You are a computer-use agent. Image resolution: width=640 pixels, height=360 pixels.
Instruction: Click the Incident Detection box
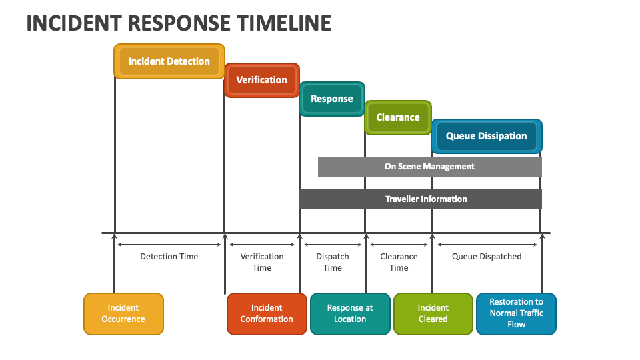pyautogui.click(x=169, y=61)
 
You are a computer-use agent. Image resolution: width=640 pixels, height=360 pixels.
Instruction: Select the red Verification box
pyautogui.click(x=262, y=80)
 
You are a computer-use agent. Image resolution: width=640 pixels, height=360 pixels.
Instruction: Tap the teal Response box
pyautogui.click(x=332, y=99)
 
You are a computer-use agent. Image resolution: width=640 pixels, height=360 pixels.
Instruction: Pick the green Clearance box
pyautogui.click(x=398, y=117)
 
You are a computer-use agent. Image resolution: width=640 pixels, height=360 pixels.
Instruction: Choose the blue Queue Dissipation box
pyautogui.click(x=487, y=136)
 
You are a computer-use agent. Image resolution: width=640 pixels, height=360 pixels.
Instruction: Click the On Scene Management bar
pyautogui.click(x=430, y=167)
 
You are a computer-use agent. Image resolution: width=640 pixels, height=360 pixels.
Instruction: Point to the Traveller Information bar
pyautogui.click(x=421, y=199)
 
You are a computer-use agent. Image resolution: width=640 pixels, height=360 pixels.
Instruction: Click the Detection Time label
pyautogui.click(x=169, y=256)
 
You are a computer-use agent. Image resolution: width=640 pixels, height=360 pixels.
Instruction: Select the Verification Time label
pyautogui.click(x=262, y=262)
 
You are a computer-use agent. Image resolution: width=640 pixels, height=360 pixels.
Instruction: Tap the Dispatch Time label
pyautogui.click(x=333, y=262)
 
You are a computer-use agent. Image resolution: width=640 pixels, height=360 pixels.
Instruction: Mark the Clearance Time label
pyautogui.click(x=399, y=262)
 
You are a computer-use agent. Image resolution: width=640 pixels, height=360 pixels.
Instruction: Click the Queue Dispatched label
pyautogui.click(x=487, y=256)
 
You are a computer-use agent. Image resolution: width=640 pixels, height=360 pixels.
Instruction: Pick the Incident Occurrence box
pyautogui.click(x=124, y=314)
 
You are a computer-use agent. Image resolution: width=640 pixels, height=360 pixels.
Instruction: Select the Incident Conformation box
pyautogui.click(x=267, y=314)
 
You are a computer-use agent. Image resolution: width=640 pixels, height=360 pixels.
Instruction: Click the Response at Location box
pyautogui.click(x=350, y=314)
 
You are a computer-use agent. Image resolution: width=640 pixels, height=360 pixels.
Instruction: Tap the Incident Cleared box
pyautogui.click(x=433, y=314)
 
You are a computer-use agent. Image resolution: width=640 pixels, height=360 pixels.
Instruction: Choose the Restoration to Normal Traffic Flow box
pyautogui.click(x=516, y=314)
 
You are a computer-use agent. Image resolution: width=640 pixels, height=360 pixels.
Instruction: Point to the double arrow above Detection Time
pyautogui.click(x=169, y=245)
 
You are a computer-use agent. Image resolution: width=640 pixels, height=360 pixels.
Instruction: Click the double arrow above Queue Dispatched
pyautogui.click(x=487, y=245)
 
